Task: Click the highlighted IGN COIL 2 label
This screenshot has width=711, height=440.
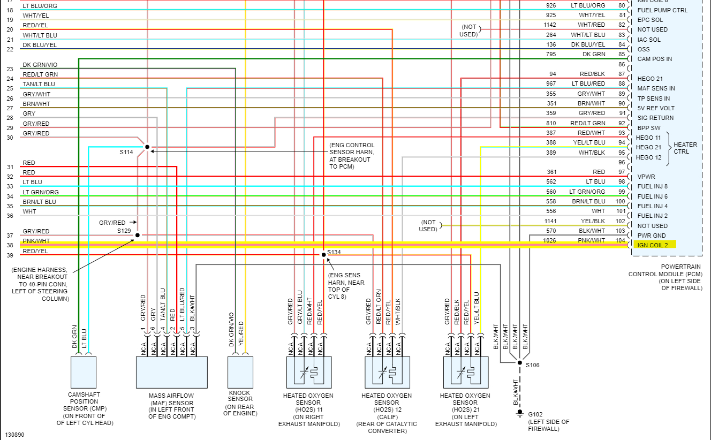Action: [654, 245]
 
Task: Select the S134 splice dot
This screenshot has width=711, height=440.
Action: [323, 254]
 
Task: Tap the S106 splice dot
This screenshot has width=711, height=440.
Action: [519, 362]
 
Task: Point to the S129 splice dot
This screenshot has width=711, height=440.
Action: [137, 235]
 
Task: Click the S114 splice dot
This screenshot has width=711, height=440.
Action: [147, 147]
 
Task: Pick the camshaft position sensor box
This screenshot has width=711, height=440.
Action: [84, 372]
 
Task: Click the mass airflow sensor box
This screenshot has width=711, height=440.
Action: [171, 372]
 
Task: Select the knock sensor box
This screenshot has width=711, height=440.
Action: [240, 372]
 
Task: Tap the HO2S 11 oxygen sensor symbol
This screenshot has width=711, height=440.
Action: [308, 372]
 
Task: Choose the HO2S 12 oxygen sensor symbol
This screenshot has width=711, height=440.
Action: [387, 372]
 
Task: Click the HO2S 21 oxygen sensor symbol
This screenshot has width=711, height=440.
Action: [465, 372]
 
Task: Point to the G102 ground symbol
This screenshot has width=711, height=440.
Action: [519, 413]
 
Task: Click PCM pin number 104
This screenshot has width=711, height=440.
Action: [620, 240]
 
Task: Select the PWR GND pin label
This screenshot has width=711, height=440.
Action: [652, 235]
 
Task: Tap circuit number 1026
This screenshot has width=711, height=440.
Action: [550, 240]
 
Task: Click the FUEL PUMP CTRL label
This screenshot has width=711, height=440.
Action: [662, 10]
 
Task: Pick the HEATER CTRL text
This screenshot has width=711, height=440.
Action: [685, 148]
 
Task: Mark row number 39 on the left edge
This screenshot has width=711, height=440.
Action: [10, 255]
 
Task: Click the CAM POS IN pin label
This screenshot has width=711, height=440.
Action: [655, 59]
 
